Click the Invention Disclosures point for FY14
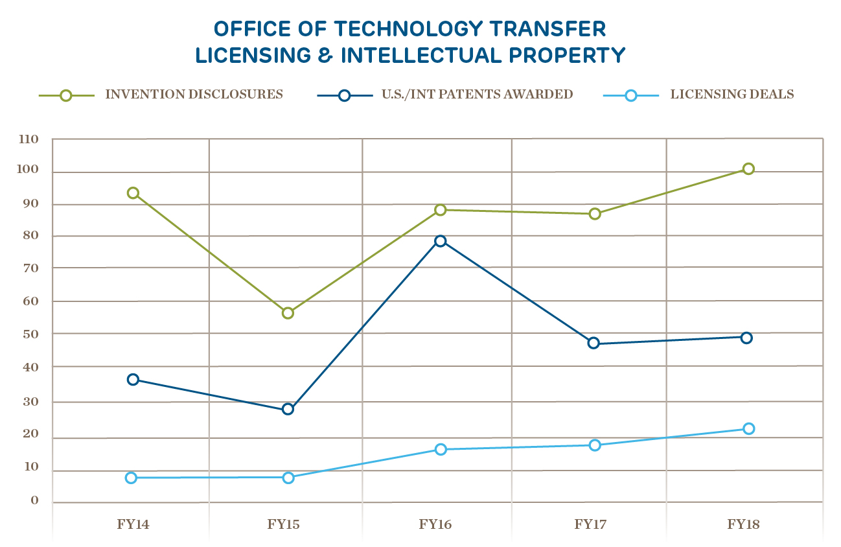133,193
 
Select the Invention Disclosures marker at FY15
288,313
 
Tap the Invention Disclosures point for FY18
748,169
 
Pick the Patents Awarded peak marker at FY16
441,241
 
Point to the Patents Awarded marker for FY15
288,409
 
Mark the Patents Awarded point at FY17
593,343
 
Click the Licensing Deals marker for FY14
131,478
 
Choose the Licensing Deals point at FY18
749,428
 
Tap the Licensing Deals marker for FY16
441,449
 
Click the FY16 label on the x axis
435,524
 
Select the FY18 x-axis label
743,524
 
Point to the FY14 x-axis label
133,524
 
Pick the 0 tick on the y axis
35,501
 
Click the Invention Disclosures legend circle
66,95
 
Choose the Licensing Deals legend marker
631,95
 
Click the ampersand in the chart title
327,55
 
